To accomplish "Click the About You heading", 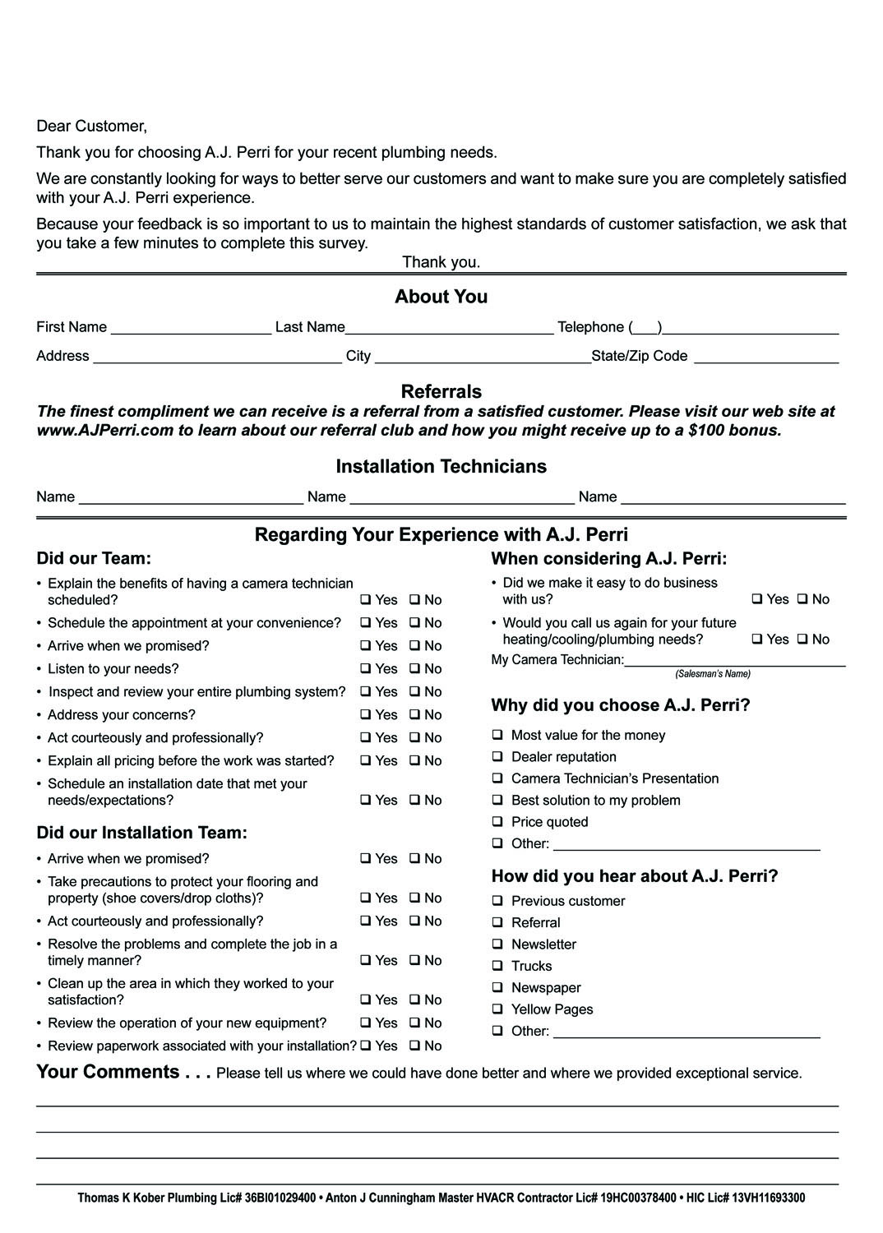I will coord(441,297).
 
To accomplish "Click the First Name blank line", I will coord(191,329).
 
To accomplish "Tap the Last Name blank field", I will coord(449,329).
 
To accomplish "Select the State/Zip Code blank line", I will coord(765,358).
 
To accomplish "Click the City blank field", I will coord(482,358).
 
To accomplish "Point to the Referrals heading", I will coord(441,391).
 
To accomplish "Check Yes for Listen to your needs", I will coord(365,669).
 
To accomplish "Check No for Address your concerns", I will coord(414,715).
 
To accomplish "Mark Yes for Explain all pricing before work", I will coord(365,761).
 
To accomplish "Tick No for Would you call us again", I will coord(802,640).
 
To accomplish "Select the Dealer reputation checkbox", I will coord(497,756).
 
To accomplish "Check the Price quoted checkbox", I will coord(497,821).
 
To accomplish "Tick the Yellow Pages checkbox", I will coord(497,1009).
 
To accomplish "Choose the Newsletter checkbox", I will coord(497,944).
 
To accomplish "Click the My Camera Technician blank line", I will coord(734,661).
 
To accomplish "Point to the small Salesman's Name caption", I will coord(713,674).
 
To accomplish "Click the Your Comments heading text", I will coord(123,1072).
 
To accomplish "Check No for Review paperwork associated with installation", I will coord(414,1046).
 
